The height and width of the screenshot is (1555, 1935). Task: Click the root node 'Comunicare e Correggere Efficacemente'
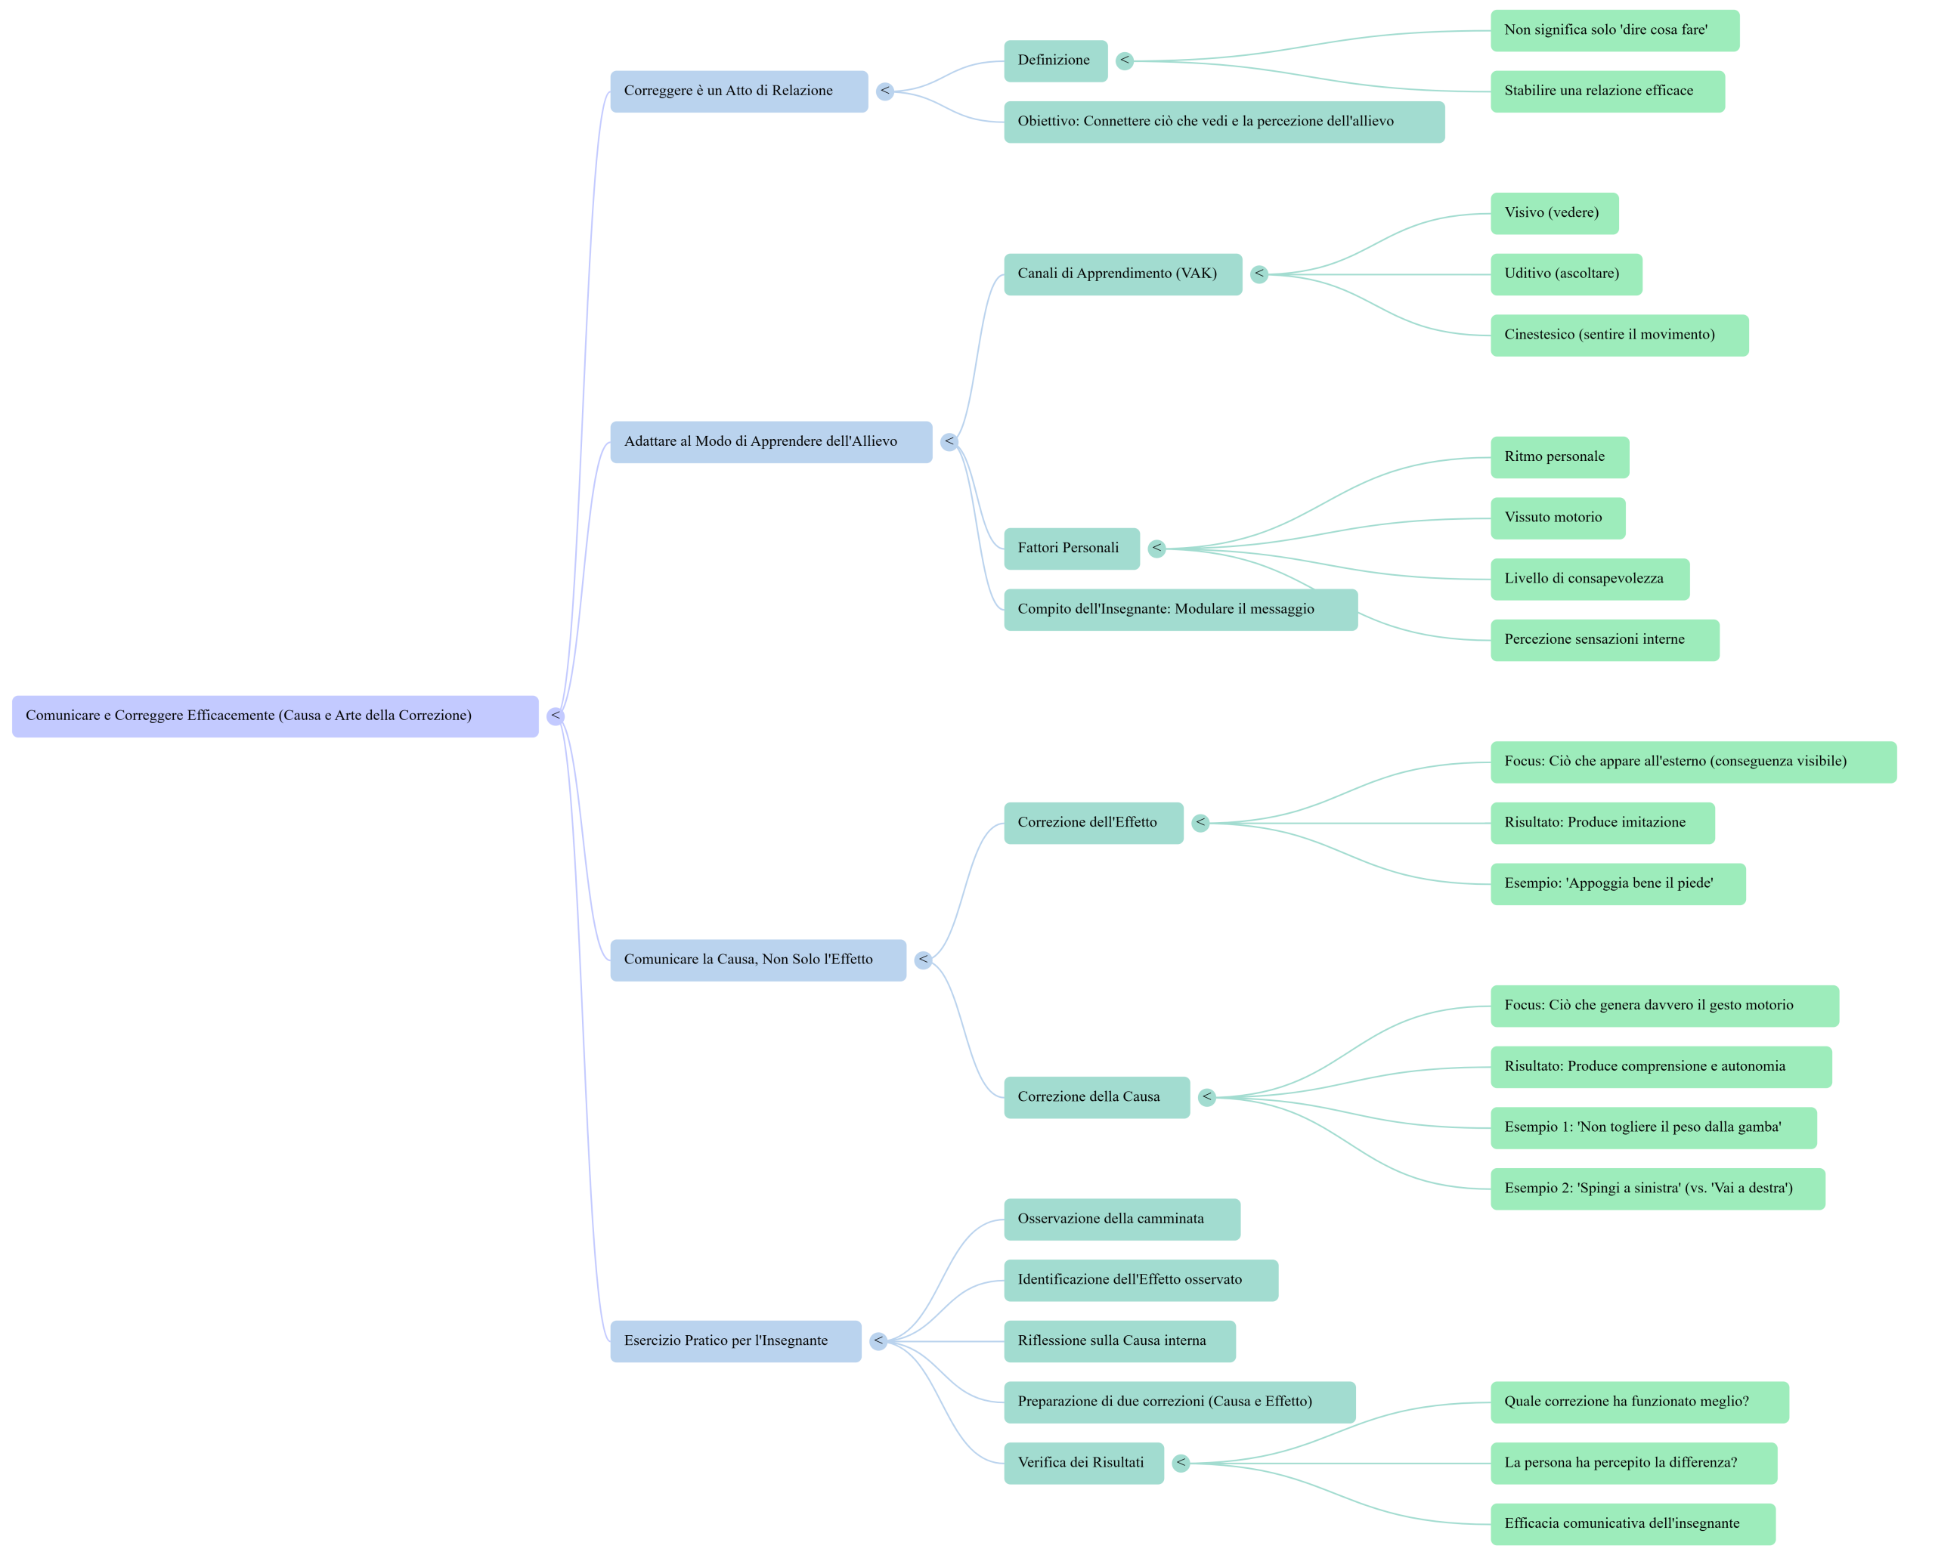coord(274,716)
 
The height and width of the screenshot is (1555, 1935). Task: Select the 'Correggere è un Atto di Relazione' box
coord(738,91)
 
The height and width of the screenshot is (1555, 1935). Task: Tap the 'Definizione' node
coord(1054,61)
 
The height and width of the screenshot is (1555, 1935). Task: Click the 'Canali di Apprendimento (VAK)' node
coord(1122,274)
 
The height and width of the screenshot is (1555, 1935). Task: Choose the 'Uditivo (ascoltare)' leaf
coord(1565,274)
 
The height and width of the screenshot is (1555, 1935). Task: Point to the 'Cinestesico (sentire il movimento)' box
coord(1618,335)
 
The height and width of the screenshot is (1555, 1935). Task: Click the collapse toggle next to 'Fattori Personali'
coord(1157,549)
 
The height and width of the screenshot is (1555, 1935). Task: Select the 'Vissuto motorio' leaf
coord(1557,518)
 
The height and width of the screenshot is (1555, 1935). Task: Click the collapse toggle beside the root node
coord(556,716)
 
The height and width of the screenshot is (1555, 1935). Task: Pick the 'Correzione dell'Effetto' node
coord(1092,823)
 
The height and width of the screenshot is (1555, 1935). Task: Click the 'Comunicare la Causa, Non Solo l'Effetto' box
coord(757,960)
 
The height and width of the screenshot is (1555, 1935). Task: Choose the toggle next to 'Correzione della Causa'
coord(1207,1097)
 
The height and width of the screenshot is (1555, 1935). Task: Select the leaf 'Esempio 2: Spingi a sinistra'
coord(1657,1189)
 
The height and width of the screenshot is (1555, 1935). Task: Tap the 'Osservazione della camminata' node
coord(1121,1220)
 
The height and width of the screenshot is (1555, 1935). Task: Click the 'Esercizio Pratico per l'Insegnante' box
coord(735,1341)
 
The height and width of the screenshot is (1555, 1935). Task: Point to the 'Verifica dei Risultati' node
coord(1082,1464)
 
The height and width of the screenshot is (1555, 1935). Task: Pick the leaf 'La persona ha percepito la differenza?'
coord(1633,1464)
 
